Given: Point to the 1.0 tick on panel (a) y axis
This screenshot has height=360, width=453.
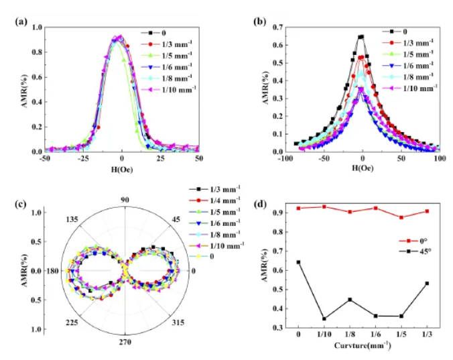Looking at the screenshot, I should coord(38,27).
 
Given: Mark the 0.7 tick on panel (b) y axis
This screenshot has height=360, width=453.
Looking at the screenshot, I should coord(277,27).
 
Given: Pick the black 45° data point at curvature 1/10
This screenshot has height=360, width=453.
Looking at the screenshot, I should coord(324,318).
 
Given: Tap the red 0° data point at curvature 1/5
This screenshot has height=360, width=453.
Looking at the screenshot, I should coord(401,217).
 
